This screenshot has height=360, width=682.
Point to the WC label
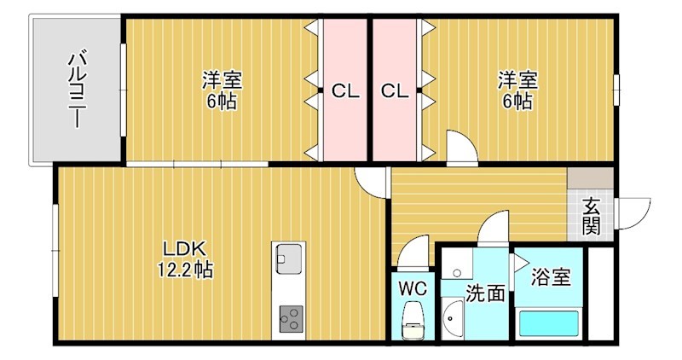click(x=413, y=286)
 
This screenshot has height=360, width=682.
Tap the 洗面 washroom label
click(x=484, y=293)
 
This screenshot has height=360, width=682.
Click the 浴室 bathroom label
click(x=551, y=277)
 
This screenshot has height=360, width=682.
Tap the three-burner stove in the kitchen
click(x=289, y=319)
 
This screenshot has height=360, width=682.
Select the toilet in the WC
click(x=414, y=318)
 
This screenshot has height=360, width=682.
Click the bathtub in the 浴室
click(x=550, y=324)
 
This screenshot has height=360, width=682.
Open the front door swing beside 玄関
click(x=632, y=213)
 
